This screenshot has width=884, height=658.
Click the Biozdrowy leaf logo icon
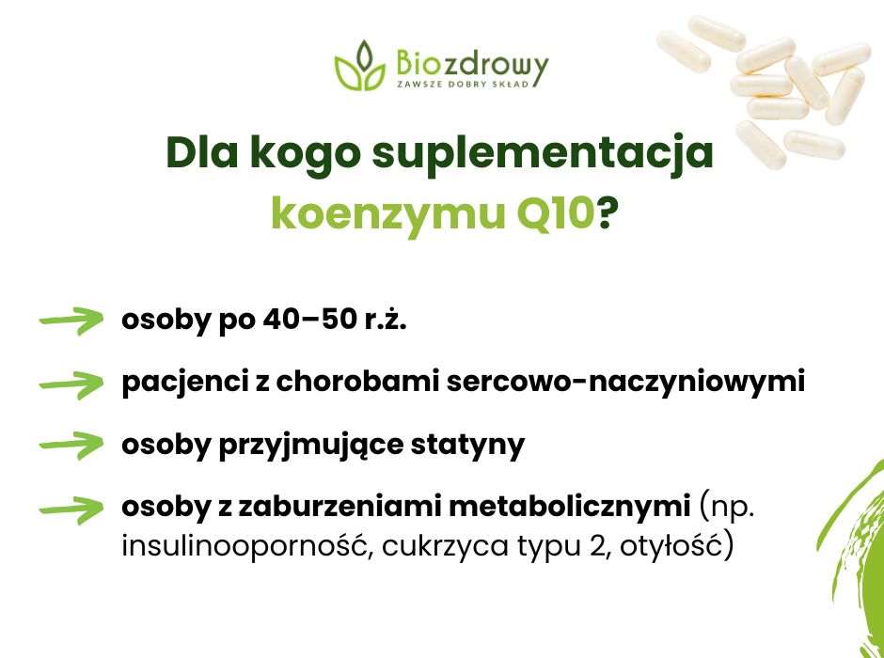359,66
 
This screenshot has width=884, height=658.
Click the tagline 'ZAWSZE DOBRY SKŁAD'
469,84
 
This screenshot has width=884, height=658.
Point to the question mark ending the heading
608,215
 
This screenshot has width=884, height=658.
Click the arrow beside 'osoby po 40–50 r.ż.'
71,321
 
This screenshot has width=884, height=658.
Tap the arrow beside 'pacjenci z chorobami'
71,384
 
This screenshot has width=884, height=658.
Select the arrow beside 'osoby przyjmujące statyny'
71,444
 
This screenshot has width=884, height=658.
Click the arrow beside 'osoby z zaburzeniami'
71,509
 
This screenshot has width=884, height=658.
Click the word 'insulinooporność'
241,546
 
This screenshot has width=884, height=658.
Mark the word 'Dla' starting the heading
198,153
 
